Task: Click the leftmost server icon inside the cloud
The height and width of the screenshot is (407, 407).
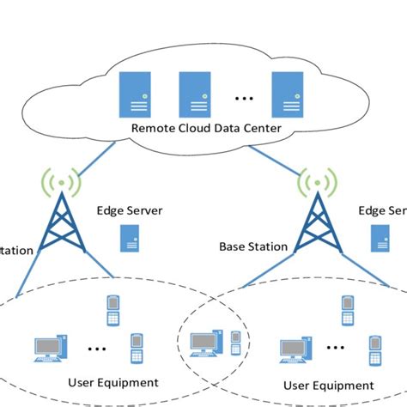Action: pyautogui.click(x=131, y=94)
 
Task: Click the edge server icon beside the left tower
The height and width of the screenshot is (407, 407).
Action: pyautogui.click(x=131, y=238)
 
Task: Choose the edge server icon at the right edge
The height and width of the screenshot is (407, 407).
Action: pyautogui.click(x=379, y=238)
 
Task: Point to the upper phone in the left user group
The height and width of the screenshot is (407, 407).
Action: pyautogui.click(x=112, y=310)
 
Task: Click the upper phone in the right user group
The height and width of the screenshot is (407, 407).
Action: pyautogui.click(x=346, y=310)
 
